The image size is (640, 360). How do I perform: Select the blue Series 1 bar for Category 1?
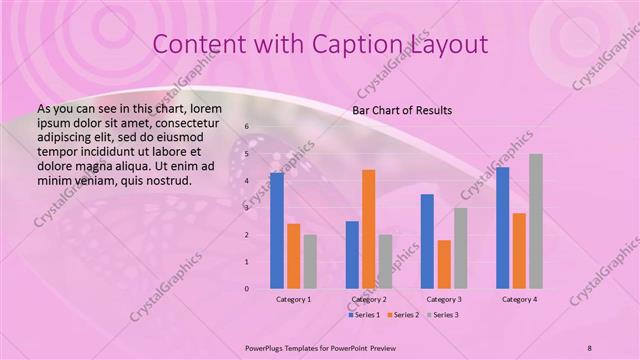point(276,231)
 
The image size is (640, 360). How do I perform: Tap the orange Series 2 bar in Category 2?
point(369,229)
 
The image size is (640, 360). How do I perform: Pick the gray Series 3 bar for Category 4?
point(536,221)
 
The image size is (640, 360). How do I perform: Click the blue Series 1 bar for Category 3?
point(427,241)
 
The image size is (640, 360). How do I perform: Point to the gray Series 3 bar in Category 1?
point(310,262)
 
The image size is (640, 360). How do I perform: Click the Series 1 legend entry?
point(364,315)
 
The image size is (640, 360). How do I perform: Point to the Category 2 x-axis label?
point(369,299)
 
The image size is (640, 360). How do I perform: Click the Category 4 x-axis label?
point(519,299)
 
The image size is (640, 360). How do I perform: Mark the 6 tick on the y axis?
point(247,127)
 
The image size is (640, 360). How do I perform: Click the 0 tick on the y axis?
point(247,289)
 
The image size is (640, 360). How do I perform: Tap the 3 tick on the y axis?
point(247,208)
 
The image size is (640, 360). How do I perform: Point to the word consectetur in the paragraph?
point(182,121)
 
